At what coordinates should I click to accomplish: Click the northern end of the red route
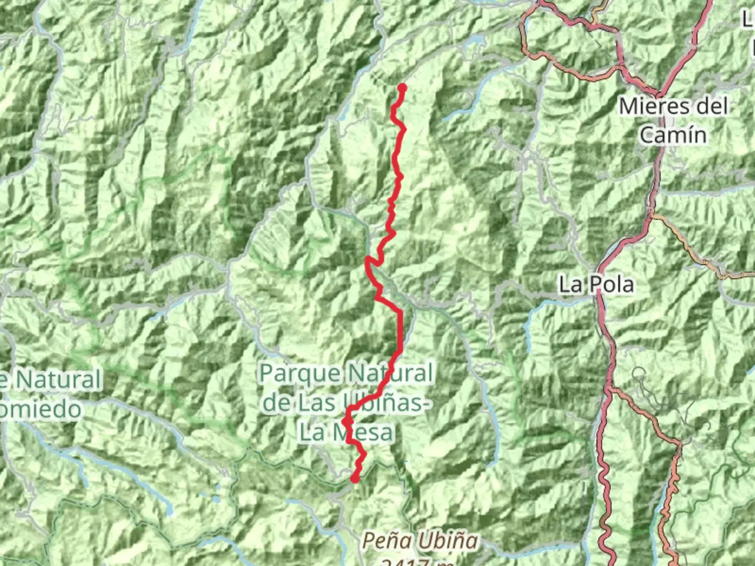[x=402, y=88]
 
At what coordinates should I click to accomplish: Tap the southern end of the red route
[x=355, y=478]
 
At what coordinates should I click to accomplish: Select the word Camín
[x=673, y=135]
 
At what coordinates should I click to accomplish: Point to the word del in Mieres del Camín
[x=711, y=106]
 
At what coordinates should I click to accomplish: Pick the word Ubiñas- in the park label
[x=388, y=402]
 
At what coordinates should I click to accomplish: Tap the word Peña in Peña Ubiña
[x=386, y=540]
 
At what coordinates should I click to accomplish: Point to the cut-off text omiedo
[x=41, y=409]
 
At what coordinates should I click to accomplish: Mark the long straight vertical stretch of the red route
[x=401, y=330]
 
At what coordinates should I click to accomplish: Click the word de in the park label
[x=276, y=402]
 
